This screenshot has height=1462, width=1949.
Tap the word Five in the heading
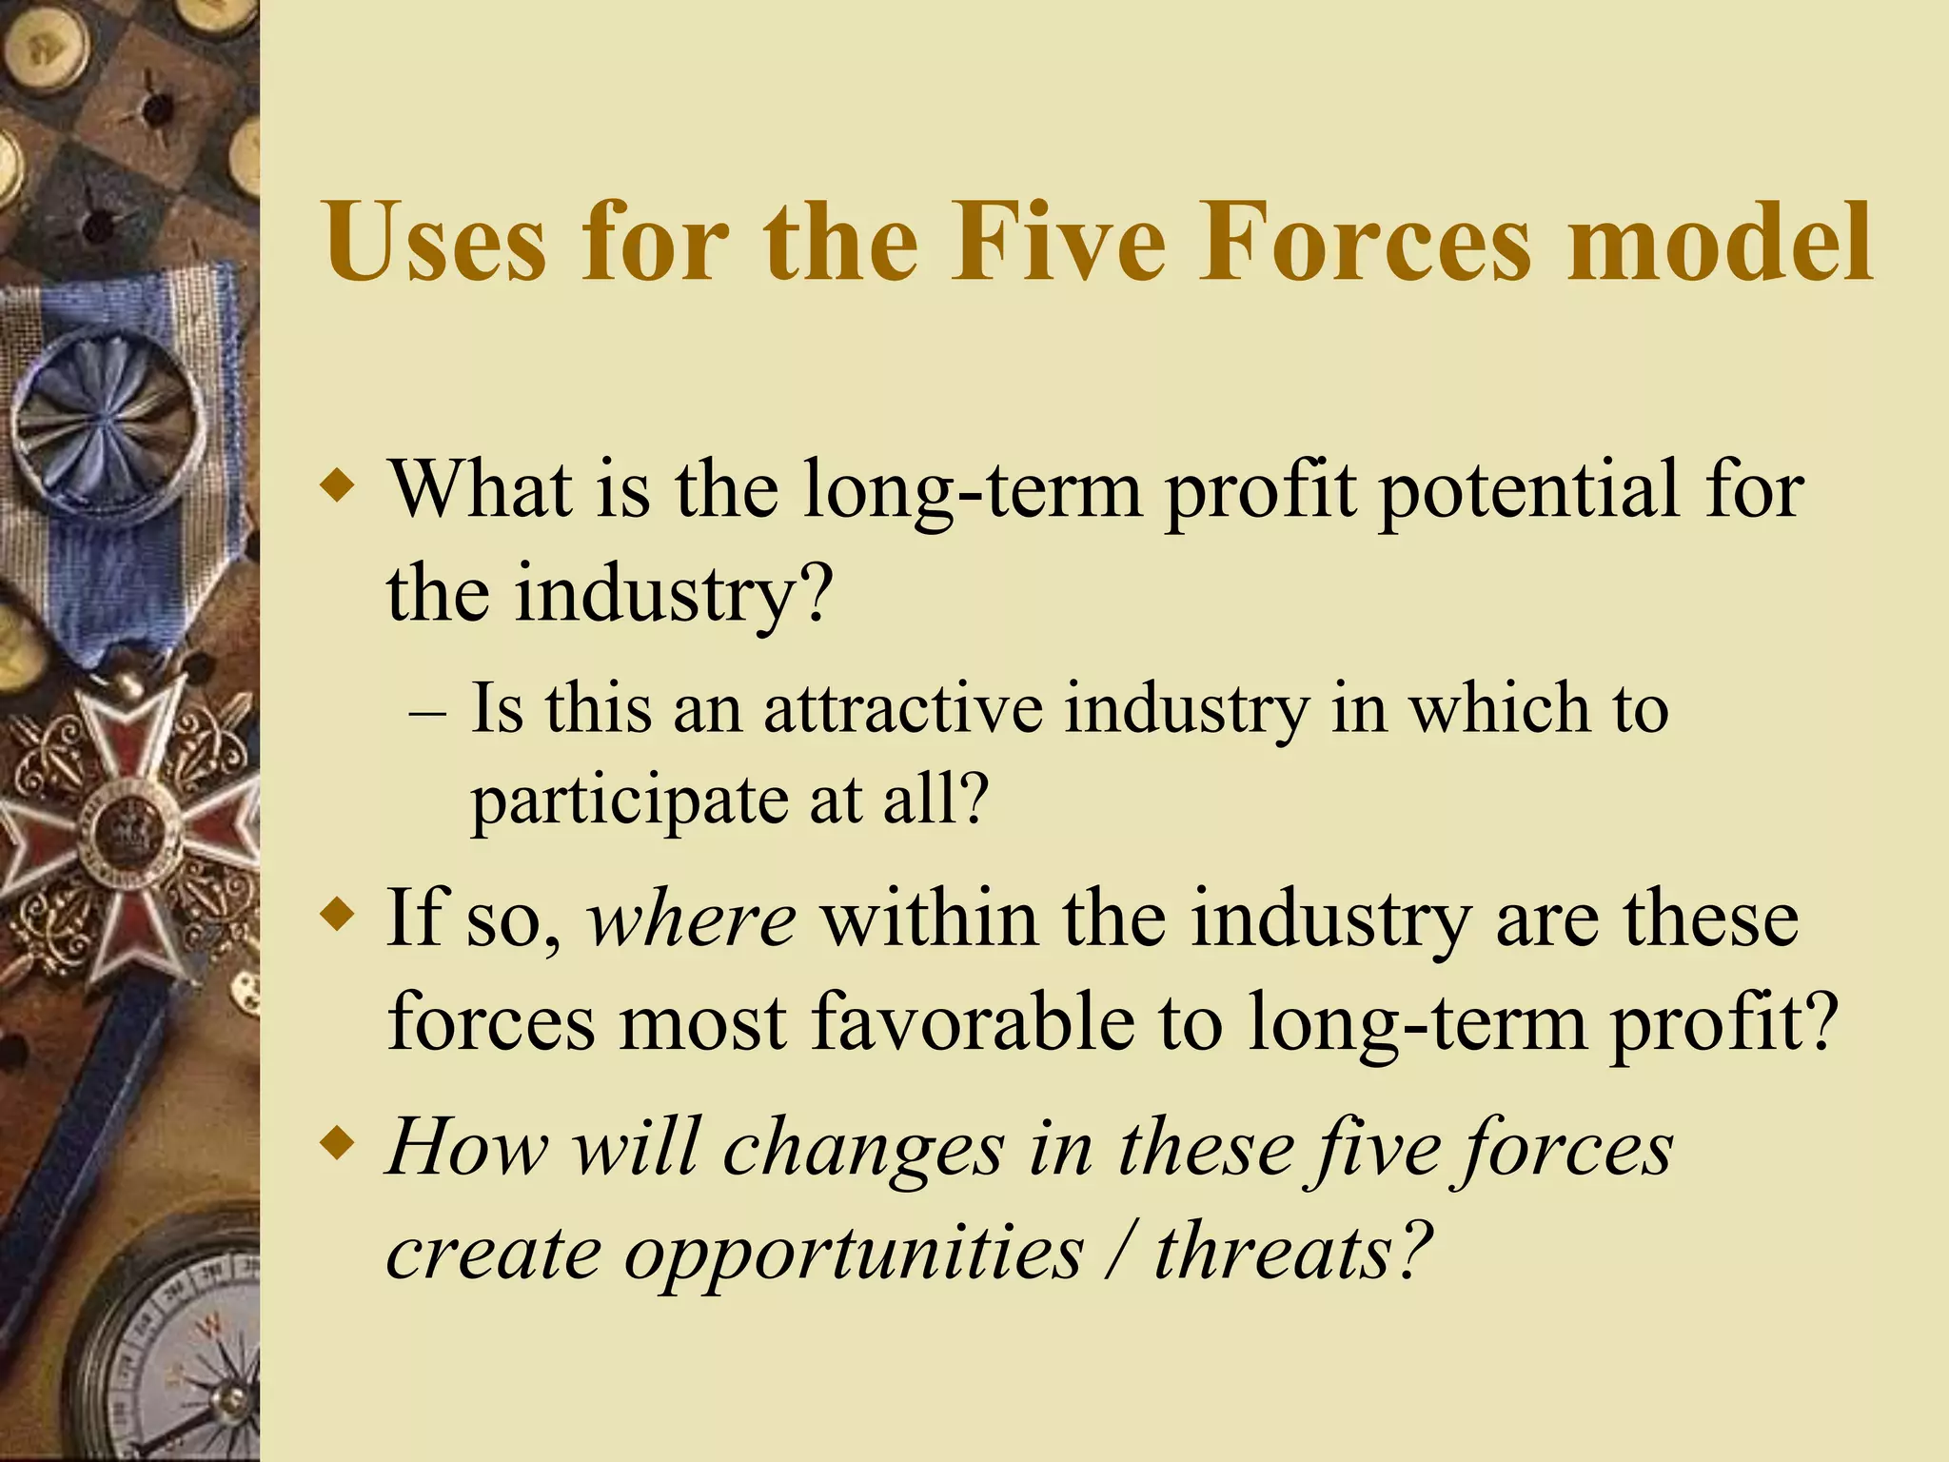(x=1057, y=243)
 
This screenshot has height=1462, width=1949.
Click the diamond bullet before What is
(x=338, y=488)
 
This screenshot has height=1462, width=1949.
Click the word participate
(x=629, y=801)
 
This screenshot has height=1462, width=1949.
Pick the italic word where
(x=691, y=920)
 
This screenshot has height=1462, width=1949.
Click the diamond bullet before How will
(x=338, y=1140)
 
